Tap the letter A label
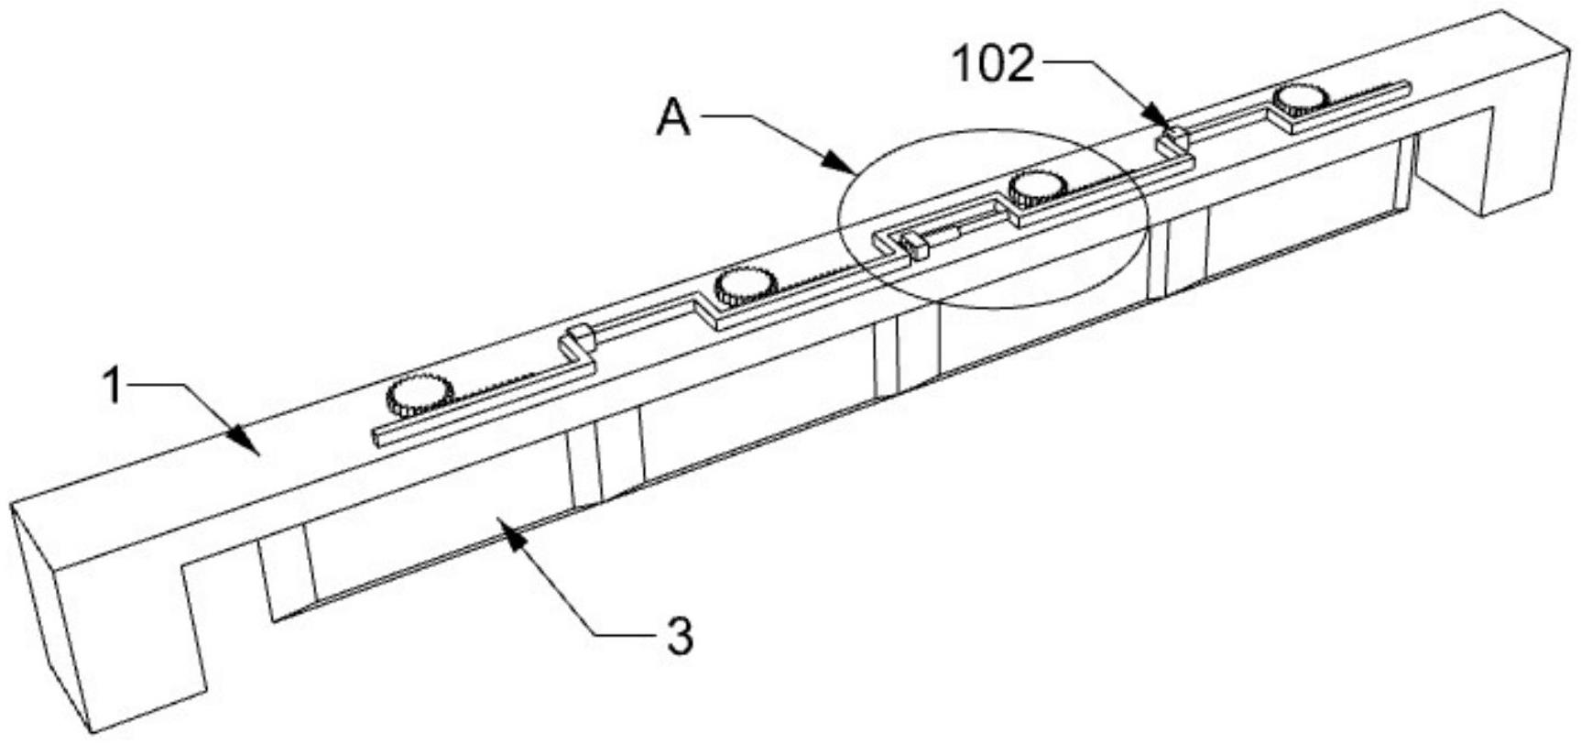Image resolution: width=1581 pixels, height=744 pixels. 673,119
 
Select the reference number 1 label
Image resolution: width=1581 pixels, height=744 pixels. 113,387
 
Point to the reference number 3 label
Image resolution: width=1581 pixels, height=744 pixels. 679,637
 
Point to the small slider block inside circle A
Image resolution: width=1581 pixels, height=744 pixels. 912,245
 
